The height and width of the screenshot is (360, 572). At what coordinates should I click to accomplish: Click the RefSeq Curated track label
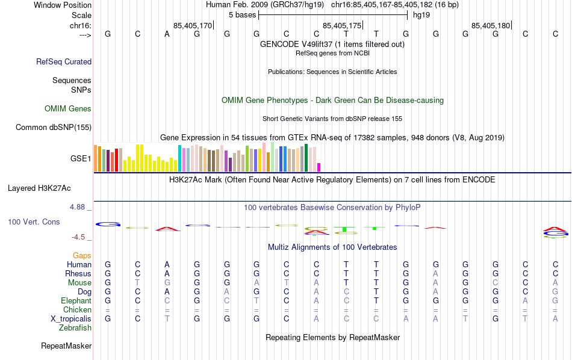[64, 61]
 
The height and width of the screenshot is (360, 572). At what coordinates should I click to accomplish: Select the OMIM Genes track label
[68, 109]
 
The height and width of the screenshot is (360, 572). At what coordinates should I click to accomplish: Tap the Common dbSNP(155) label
[54, 127]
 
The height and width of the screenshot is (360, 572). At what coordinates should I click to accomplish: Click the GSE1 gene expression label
[81, 159]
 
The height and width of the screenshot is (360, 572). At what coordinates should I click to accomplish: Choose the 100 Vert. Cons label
[34, 222]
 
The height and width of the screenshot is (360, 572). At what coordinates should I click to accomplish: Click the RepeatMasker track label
[66, 346]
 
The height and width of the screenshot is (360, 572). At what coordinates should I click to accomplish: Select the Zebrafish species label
[75, 328]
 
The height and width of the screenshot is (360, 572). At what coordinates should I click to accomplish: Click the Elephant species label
[76, 301]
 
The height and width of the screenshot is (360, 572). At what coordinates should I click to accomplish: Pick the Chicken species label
[77, 310]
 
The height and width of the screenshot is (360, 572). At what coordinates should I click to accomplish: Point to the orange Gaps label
[82, 256]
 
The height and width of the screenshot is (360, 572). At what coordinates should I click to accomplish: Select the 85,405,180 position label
[491, 26]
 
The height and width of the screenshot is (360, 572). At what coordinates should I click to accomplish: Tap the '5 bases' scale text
[243, 15]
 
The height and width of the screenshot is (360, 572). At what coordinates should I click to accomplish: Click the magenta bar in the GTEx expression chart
[319, 167]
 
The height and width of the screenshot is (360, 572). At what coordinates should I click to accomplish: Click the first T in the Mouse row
[137, 283]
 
